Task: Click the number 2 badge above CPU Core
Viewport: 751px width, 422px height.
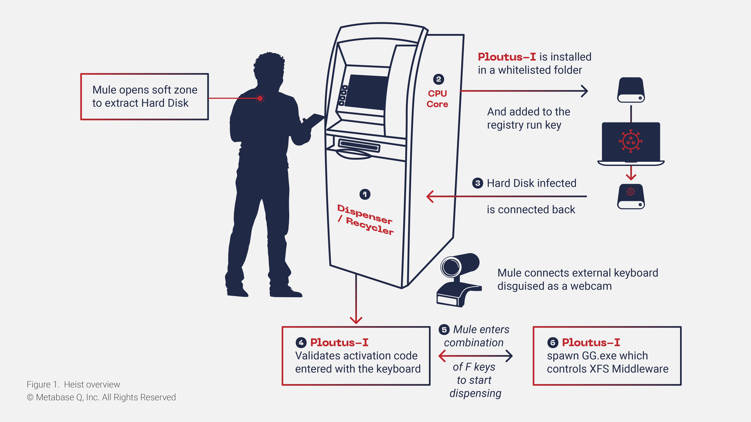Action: coord(438,79)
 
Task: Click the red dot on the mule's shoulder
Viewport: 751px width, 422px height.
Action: coord(260,98)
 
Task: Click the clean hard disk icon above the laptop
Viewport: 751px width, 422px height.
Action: coord(631,90)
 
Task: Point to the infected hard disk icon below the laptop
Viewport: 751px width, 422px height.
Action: coord(631,196)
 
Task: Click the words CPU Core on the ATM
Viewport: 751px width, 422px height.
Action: coord(437,99)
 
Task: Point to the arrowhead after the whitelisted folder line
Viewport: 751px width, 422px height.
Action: coord(584,91)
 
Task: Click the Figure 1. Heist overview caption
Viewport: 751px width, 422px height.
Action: coord(73,384)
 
